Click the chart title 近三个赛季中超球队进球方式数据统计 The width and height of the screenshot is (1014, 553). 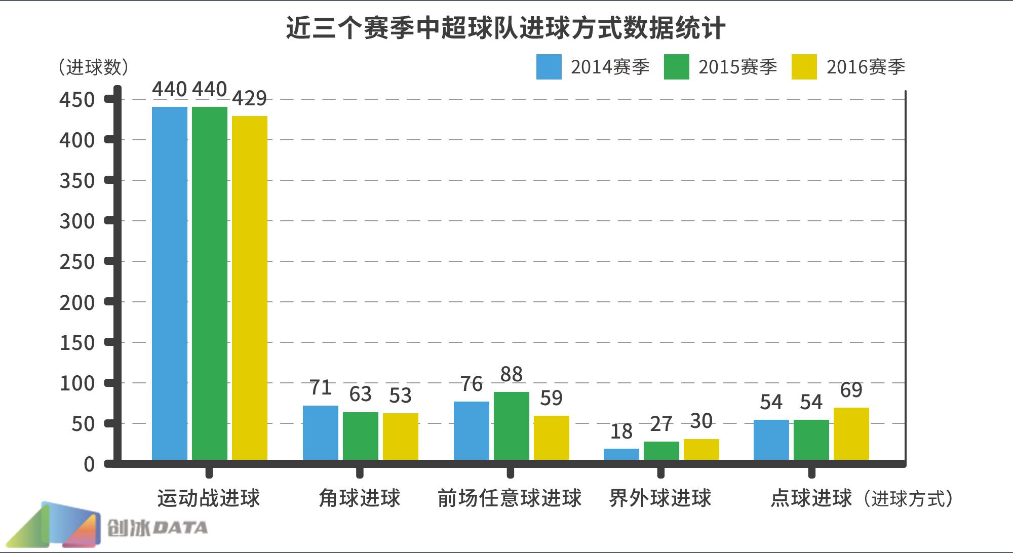[505, 28]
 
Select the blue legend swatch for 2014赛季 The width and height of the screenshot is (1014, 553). [549, 67]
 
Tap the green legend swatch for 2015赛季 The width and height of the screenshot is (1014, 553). [677, 67]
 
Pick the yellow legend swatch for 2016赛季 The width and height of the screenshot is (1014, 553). [804, 67]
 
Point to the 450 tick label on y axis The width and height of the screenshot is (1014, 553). [77, 100]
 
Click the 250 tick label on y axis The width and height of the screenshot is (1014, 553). [77, 262]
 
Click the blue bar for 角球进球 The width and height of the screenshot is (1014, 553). [320, 432]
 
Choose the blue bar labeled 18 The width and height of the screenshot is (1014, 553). [621, 454]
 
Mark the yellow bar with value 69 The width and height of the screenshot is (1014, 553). [851, 433]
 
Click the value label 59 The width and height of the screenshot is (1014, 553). [551, 398]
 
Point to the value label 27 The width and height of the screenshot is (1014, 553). [661, 424]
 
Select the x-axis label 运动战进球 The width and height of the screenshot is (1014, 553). [209, 498]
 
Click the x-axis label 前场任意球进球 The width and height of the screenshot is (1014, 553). [510, 498]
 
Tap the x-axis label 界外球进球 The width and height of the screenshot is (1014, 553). [660, 498]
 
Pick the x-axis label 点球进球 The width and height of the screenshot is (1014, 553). [811, 498]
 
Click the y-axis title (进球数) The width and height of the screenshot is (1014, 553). [93, 67]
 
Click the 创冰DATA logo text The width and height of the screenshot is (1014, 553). [157, 528]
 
